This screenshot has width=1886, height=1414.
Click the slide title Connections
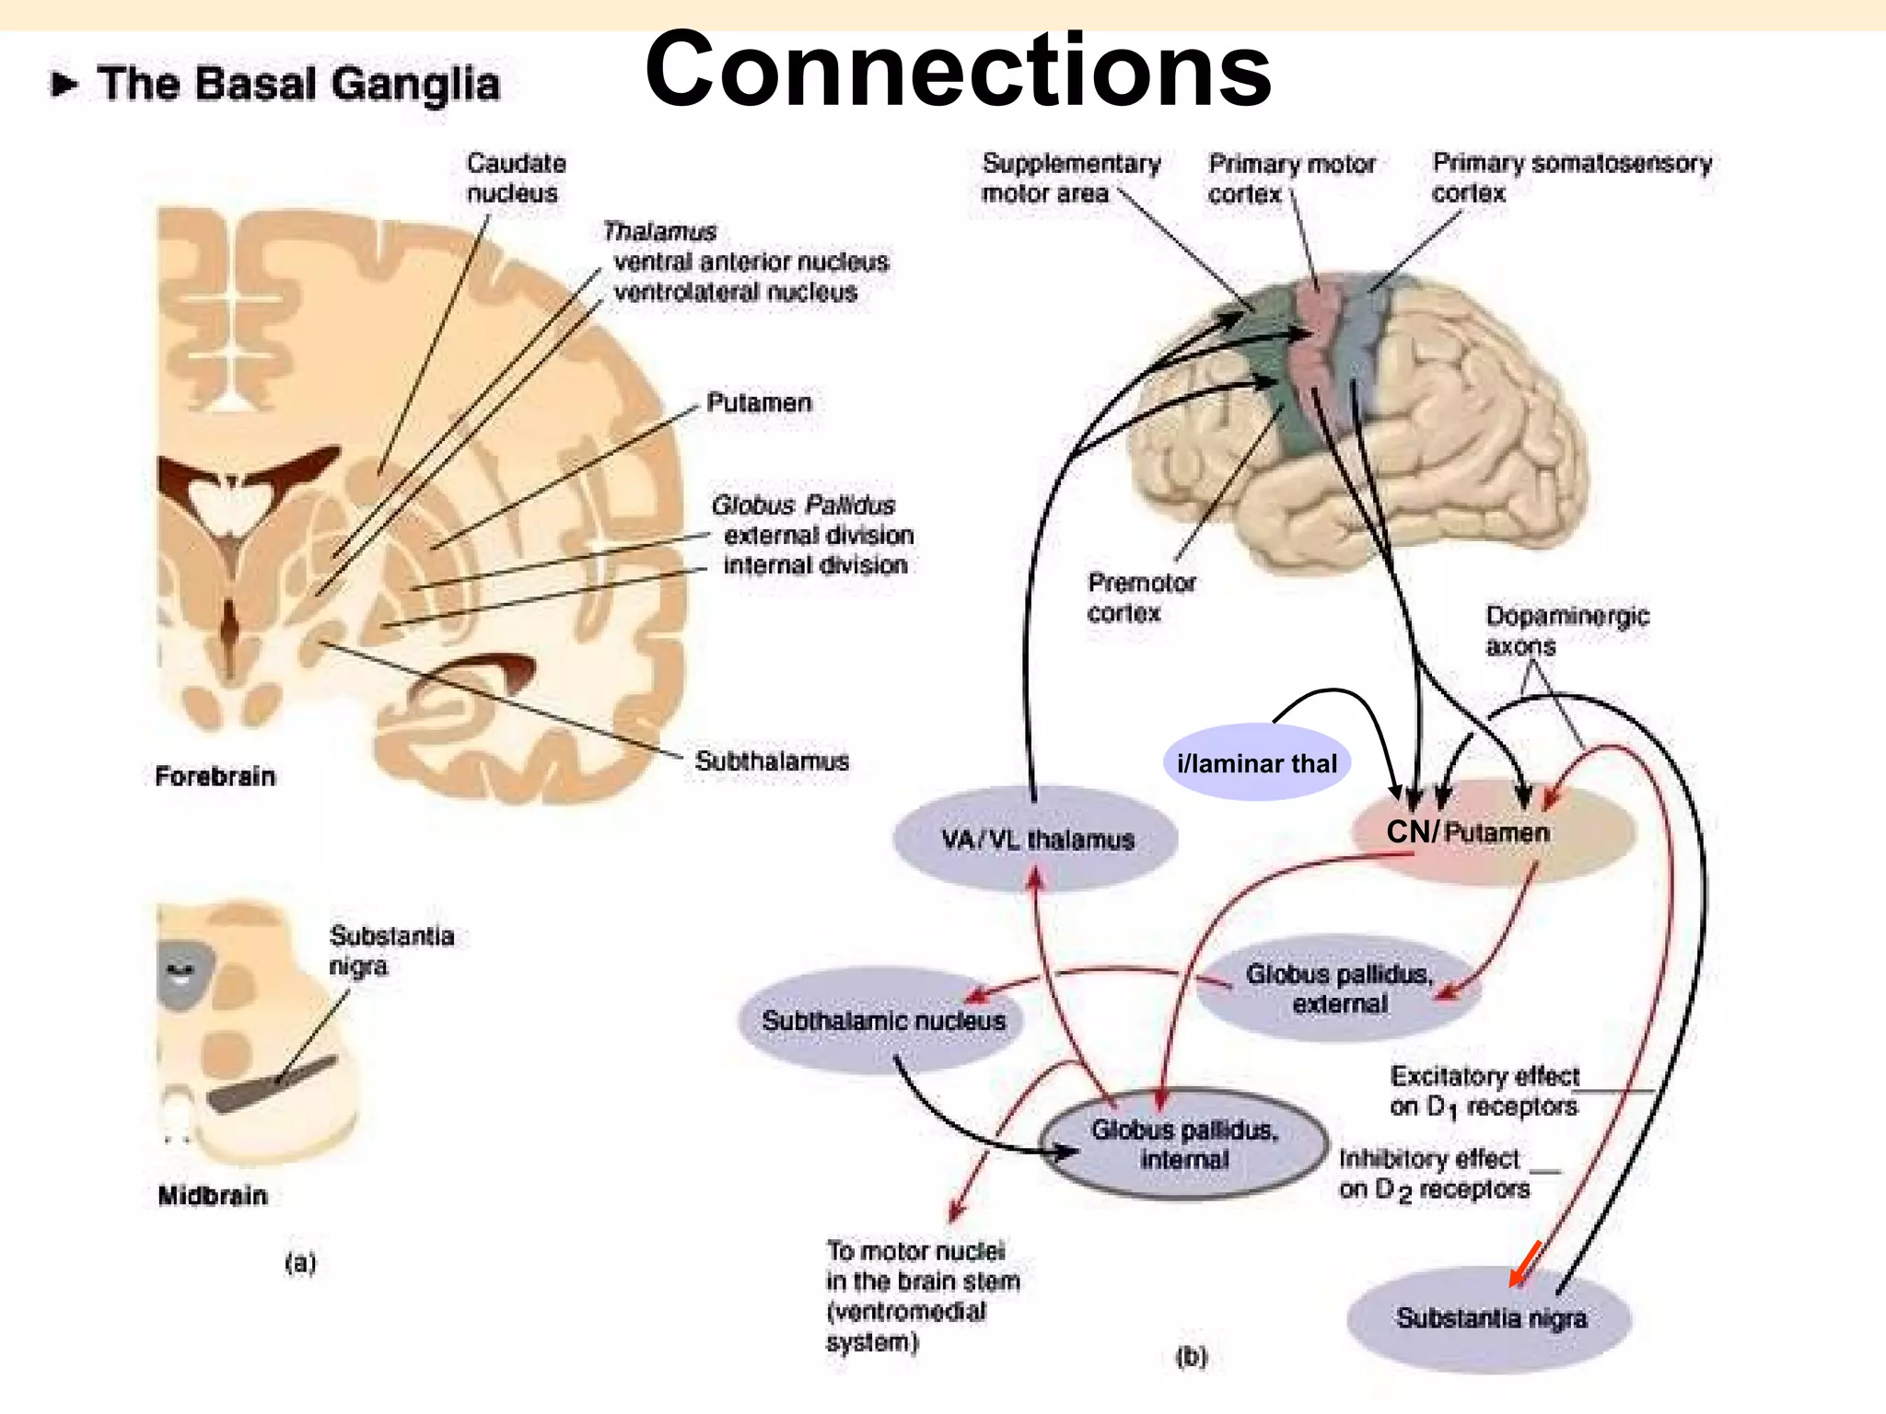tap(958, 70)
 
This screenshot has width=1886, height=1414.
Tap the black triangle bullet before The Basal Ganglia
tap(64, 85)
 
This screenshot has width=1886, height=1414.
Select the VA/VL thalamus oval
tap(1036, 839)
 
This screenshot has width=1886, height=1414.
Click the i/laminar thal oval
tap(1256, 763)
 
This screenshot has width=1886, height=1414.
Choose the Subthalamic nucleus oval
tap(882, 1020)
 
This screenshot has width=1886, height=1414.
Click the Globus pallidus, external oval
tap(1339, 989)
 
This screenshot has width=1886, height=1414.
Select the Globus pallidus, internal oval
tap(1184, 1144)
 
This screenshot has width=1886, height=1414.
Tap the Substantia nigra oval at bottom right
tap(1490, 1318)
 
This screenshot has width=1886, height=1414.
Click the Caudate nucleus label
tap(516, 178)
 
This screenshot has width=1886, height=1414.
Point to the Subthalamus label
tap(772, 761)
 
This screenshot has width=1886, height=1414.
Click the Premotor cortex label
tap(1141, 597)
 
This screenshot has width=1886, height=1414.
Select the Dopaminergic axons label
tap(1566, 631)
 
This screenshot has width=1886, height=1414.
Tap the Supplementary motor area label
tap(1070, 178)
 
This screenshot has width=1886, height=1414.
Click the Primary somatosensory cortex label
tap(1571, 178)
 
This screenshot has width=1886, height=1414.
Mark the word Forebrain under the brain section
tap(215, 776)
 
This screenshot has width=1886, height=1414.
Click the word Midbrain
tap(213, 1196)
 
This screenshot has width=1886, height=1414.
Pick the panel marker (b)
tap(1191, 1356)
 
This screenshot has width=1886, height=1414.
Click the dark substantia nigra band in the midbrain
tap(273, 1084)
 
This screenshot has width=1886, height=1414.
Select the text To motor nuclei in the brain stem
tap(922, 1295)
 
